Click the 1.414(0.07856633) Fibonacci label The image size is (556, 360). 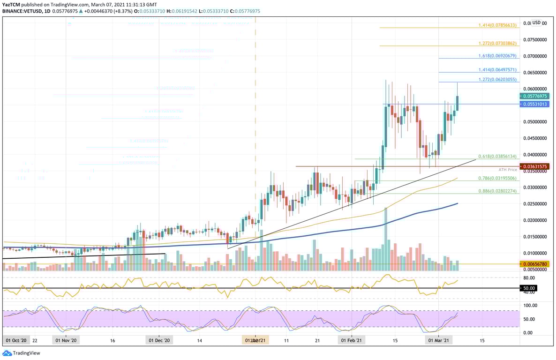coord(497,25)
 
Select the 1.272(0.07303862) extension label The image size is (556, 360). coord(497,44)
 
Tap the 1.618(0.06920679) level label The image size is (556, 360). coord(497,56)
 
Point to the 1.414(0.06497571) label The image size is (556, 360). coord(497,70)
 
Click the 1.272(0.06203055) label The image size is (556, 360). coord(497,80)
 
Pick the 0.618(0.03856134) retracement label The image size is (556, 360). coord(497,157)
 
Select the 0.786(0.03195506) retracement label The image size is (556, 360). coord(497,179)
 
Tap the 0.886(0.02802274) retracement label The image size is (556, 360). coord(497,191)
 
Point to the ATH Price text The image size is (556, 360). coord(508,170)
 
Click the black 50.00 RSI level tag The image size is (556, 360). coord(529,288)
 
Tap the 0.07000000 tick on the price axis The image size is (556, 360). coord(536,56)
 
